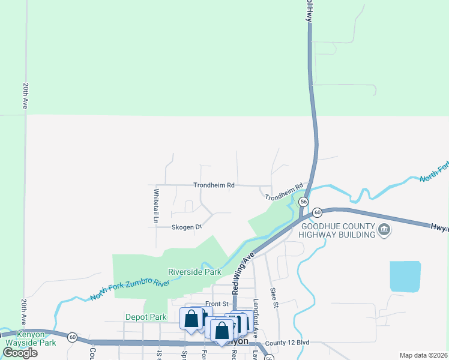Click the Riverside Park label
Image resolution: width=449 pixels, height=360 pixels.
pyautogui.click(x=195, y=272)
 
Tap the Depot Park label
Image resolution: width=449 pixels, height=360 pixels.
pyautogui.click(x=146, y=317)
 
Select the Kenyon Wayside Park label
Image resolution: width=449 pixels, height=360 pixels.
pyautogui.click(x=31, y=339)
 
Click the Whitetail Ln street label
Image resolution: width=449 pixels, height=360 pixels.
pyautogui.click(x=155, y=207)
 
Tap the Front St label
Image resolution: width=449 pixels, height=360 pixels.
pyautogui.click(x=217, y=304)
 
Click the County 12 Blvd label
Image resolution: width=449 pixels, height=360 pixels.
pyautogui.click(x=287, y=342)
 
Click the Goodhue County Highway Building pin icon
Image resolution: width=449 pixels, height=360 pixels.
pyautogui.click(x=384, y=229)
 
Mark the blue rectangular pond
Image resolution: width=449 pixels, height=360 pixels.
pyautogui.click(x=405, y=277)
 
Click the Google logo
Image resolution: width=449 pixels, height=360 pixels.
pyautogui.click(x=19, y=353)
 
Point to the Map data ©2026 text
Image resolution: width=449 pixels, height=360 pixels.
pyautogui.click(x=423, y=355)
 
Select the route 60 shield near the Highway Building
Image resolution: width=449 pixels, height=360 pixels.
pyautogui.click(x=317, y=212)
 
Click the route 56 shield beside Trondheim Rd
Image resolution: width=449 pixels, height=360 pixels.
pyautogui.click(x=304, y=202)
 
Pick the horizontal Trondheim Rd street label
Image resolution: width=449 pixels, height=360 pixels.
pyautogui.click(x=214, y=185)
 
